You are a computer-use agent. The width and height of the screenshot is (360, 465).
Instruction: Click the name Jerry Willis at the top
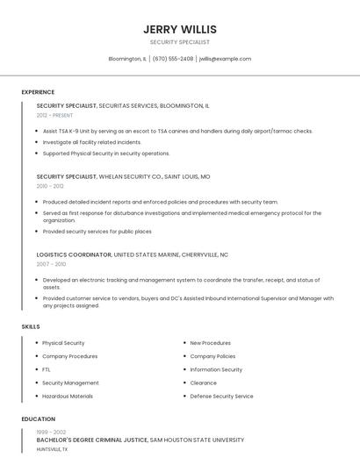point(179,29)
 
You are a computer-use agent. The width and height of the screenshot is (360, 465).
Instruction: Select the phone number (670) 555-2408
point(173,59)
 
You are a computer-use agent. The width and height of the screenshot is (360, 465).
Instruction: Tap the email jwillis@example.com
point(225,59)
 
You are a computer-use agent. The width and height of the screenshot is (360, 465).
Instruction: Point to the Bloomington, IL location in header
point(127,59)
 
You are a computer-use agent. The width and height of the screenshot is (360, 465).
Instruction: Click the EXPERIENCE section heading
point(38,92)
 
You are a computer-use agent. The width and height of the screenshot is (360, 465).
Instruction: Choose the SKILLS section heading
point(31,326)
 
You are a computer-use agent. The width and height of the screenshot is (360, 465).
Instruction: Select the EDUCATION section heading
point(39,419)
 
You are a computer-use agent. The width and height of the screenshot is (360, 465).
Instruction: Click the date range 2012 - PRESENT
point(55,115)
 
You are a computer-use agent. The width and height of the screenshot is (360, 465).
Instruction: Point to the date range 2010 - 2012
point(50,186)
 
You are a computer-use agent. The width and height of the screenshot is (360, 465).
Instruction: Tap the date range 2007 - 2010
point(51,263)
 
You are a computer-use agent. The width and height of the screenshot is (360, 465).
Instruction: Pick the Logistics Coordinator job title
point(74,254)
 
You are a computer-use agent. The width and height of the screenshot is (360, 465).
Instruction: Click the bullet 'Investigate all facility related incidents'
point(91,142)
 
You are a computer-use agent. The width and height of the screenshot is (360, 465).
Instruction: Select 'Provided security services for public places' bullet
point(97,232)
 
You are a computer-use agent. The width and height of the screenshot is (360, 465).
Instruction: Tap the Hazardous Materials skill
point(68,396)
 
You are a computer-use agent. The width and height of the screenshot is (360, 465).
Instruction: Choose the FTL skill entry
point(47,369)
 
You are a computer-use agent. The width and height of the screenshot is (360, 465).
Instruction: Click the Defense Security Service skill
point(221,396)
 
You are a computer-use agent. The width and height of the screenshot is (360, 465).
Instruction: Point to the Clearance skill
point(203,383)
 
